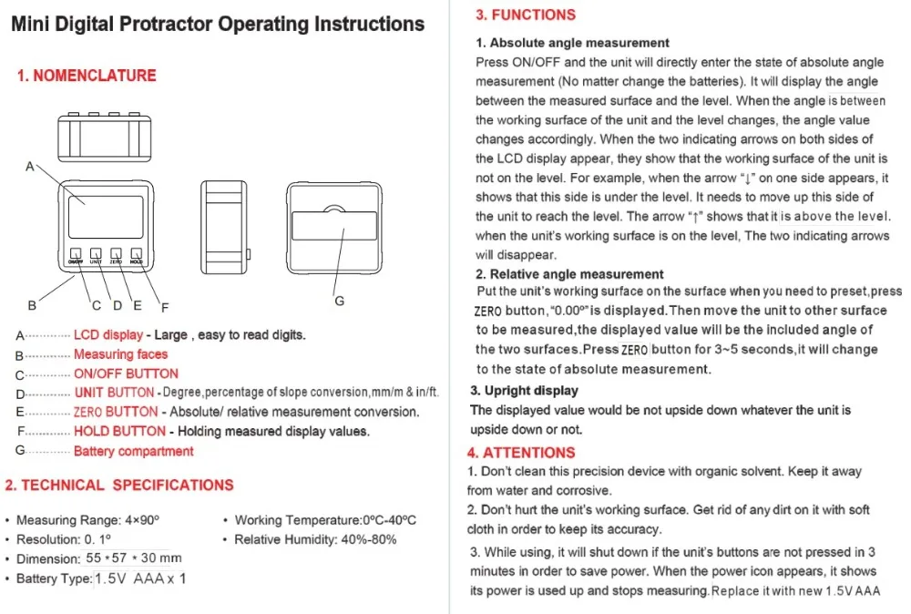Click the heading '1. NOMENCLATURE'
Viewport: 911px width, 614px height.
pyautogui.click(x=87, y=76)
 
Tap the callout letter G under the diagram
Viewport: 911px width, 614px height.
pyautogui.click(x=339, y=302)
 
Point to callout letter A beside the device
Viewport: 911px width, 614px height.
pyautogui.click(x=30, y=167)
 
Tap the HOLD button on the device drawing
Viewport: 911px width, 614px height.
pyautogui.click(x=136, y=254)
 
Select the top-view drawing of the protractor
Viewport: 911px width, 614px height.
pyautogui.click(x=102, y=138)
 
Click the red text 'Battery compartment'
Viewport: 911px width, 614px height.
pyautogui.click(x=133, y=451)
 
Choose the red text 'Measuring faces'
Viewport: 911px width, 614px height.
pyautogui.click(x=120, y=354)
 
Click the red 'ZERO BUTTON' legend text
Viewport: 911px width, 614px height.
pyautogui.click(x=116, y=412)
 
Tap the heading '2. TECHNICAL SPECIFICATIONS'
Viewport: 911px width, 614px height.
pyautogui.click(x=119, y=486)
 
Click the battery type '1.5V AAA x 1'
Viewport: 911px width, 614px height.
pyautogui.click(x=141, y=578)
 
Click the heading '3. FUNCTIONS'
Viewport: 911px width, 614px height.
pyautogui.click(x=527, y=15)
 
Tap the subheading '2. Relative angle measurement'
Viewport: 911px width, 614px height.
pyautogui.click(x=569, y=273)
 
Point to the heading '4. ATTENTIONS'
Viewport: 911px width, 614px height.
pyautogui.click(x=521, y=452)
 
